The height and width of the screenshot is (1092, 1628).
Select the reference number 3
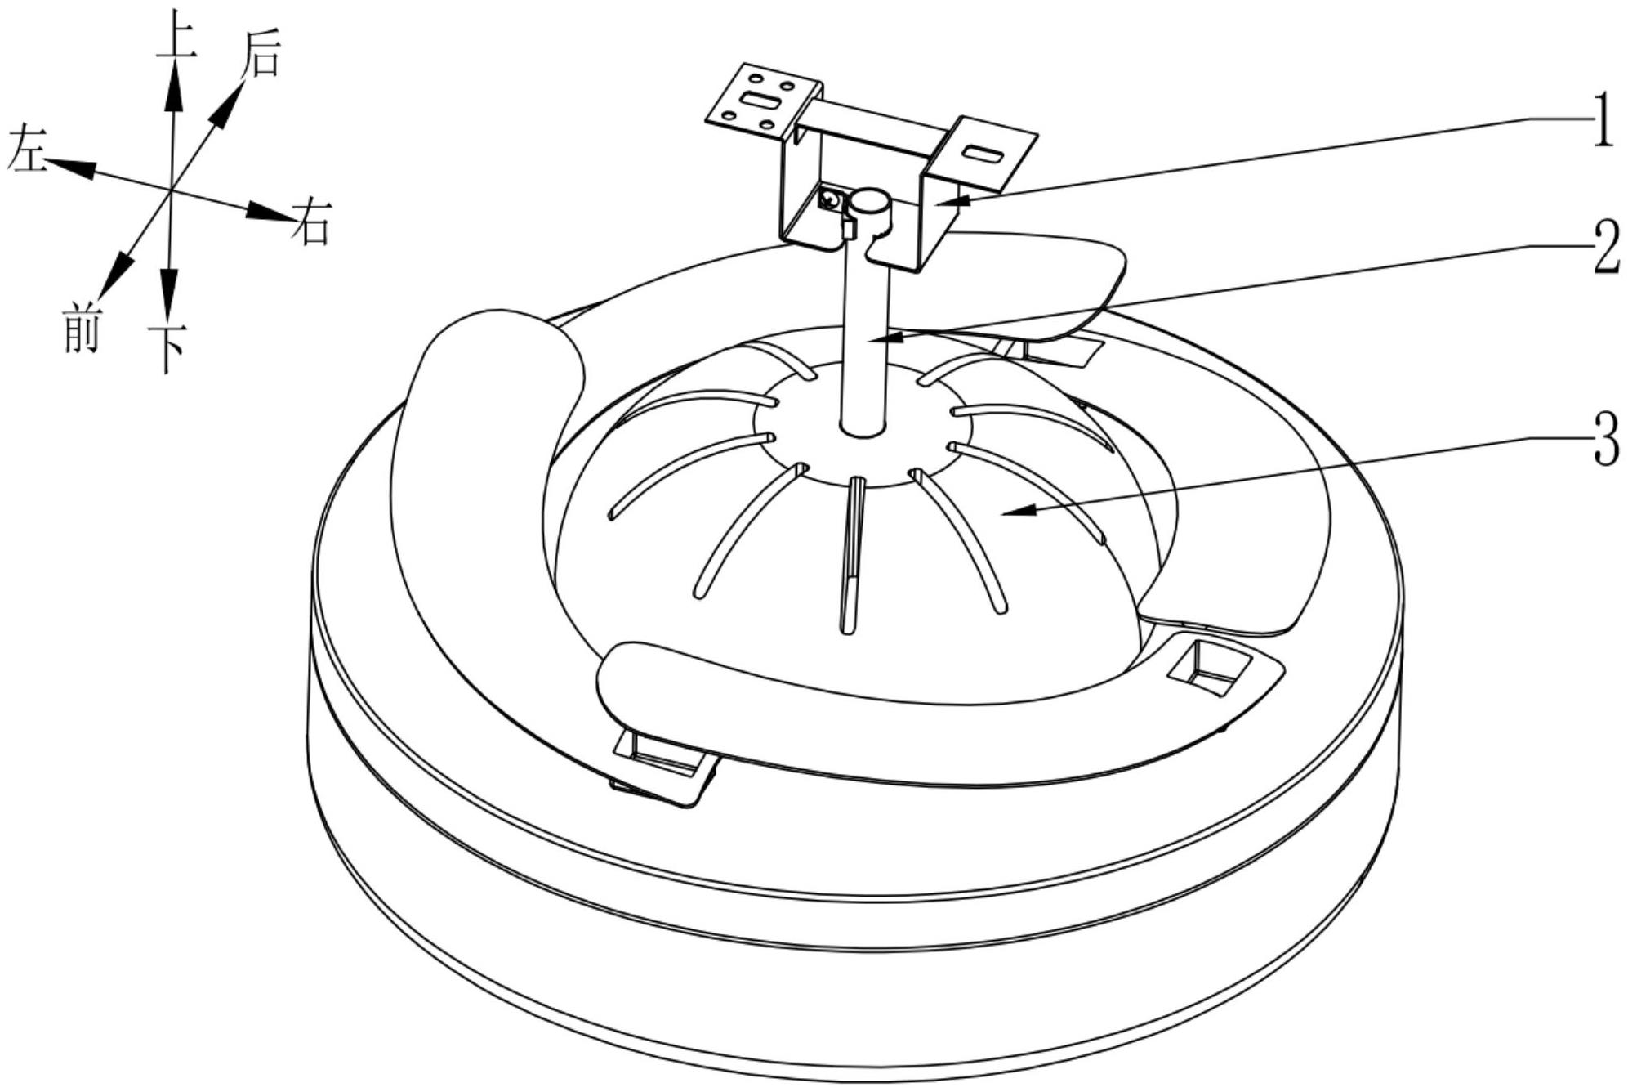pyautogui.click(x=1606, y=440)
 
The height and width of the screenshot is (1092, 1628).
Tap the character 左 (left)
pyautogui.click(x=27, y=153)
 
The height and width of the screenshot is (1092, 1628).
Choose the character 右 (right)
pyautogui.click(x=311, y=222)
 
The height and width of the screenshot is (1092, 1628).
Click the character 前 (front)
pyautogui.click(x=81, y=329)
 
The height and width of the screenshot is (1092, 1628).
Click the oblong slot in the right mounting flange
pyautogui.click(x=983, y=153)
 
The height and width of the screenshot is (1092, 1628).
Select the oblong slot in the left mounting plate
pyautogui.click(x=760, y=101)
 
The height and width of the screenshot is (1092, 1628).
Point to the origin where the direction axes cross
pyautogui.click(x=171, y=190)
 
